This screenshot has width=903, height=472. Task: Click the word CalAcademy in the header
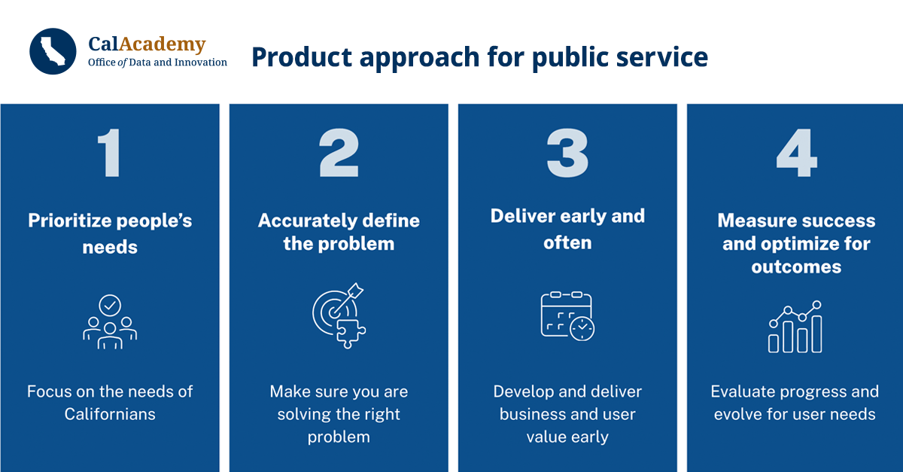147,44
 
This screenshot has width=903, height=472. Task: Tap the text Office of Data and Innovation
157,62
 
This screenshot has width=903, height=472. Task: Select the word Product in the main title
295,56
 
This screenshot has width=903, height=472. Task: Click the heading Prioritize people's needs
110,233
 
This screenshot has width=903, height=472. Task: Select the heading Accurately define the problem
339,232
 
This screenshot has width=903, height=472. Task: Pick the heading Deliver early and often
567,229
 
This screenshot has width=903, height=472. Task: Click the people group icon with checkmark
110,322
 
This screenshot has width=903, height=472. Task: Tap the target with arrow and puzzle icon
339,318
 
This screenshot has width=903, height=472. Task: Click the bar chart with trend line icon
795,327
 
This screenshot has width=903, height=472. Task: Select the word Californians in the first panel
110,414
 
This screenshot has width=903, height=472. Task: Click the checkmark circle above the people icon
111,305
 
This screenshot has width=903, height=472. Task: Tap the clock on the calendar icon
582,329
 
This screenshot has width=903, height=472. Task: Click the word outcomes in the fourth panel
796,266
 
